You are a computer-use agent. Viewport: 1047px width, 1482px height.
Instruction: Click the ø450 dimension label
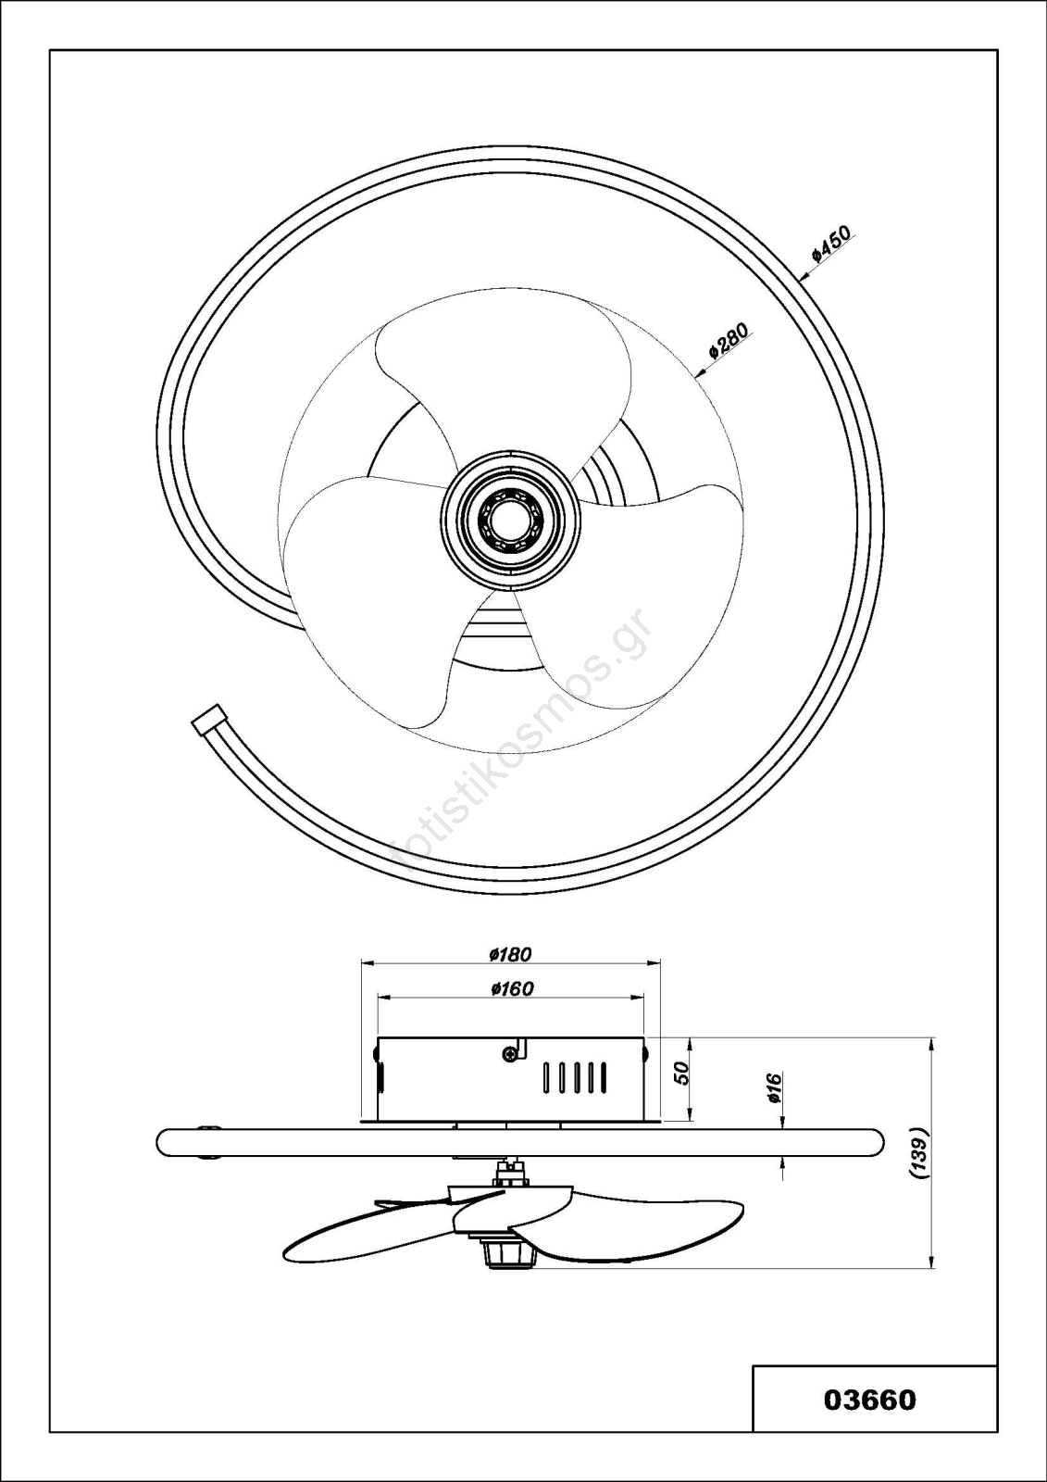pyautogui.click(x=832, y=245)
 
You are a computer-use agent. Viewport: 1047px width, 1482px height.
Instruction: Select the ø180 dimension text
pyautogui.click(x=511, y=954)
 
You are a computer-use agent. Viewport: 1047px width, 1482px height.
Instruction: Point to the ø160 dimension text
pyautogui.click(x=512, y=988)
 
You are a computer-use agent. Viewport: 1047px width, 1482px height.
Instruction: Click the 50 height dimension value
pyautogui.click(x=683, y=1073)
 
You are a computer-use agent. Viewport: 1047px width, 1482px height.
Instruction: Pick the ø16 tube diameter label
pyautogui.click(x=775, y=1087)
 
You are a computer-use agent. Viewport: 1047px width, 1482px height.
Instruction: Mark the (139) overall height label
pyautogui.click(x=919, y=1152)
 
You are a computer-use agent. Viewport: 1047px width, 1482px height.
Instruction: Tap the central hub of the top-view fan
pyautogui.click(x=510, y=520)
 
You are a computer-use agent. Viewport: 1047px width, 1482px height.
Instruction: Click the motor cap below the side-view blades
pyautogui.click(x=507, y=1252)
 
